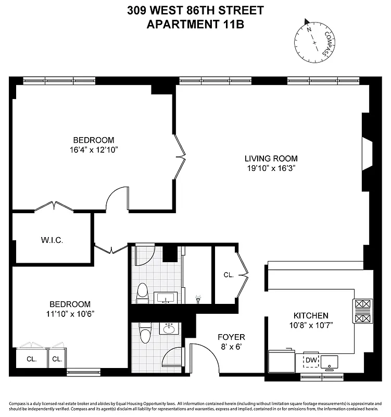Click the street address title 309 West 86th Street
195,10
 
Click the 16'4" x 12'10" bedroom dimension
93,150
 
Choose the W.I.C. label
53,240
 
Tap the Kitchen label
311,315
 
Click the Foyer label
231,337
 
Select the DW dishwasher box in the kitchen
310,360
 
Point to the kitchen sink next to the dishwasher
330,361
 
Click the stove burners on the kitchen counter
362,311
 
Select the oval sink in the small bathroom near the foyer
169,329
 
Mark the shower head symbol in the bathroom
198,299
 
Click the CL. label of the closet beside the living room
228,275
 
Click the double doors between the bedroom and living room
180,155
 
